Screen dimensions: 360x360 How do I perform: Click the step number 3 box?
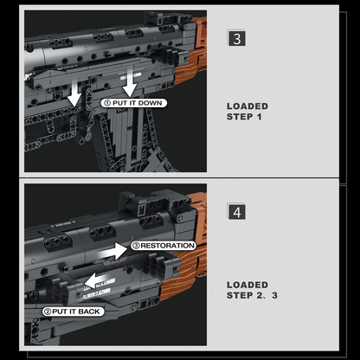[236, 39]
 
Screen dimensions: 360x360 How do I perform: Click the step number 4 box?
[236, 212]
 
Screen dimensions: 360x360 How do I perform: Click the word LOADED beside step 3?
[247, 106]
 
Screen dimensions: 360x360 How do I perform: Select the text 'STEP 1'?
[244, 117]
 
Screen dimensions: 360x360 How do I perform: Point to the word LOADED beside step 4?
[247, 284]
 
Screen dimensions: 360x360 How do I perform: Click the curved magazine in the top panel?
[122, 138]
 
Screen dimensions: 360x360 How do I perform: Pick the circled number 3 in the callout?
[136, 246]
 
